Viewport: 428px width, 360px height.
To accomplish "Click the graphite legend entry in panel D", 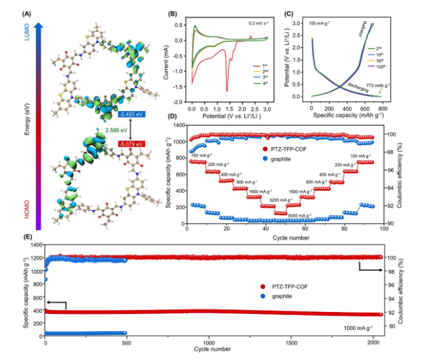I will (279, 158).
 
